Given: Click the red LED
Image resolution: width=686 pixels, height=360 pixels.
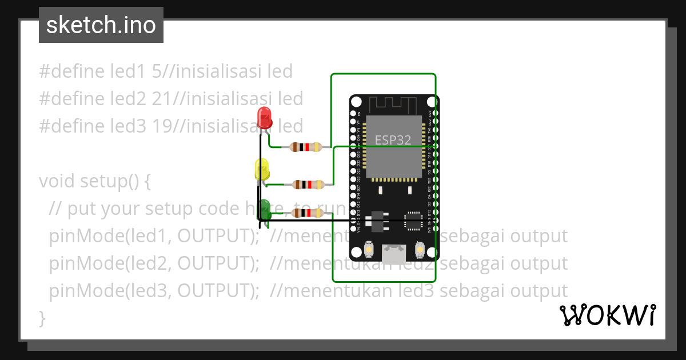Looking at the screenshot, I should coord(265,117).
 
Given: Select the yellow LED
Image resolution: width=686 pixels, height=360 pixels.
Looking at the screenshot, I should coord(262,170).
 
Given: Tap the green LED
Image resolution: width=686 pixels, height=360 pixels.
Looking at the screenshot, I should coord(265,207).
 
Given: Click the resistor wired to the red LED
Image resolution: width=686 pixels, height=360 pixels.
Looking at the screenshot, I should coord(306,147).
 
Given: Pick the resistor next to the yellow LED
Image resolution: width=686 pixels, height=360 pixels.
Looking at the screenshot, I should coord(309,184).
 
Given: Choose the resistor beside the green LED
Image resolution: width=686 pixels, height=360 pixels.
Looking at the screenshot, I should coord(307,213).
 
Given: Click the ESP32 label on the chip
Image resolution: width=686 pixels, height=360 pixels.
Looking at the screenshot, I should coord(393,140).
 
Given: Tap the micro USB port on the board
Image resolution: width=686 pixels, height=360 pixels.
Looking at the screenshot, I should coord(394,251).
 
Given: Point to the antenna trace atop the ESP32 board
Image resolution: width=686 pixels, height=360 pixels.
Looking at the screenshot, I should coord(394,105).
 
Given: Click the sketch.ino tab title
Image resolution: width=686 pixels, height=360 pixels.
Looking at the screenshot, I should coord(101,25).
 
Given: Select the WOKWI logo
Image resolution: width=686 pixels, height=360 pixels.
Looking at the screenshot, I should coord(607,315).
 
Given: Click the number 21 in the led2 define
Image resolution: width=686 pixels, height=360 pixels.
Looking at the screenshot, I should coord(162,99).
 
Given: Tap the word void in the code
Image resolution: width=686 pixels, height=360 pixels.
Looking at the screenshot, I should coord(57,181).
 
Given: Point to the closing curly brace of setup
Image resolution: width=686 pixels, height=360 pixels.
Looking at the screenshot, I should coord(42,318).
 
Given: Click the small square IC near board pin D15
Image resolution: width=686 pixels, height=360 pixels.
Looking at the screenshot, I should coord(413,221).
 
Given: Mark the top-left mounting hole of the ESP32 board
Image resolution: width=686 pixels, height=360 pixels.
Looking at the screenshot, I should coord(356,102).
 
